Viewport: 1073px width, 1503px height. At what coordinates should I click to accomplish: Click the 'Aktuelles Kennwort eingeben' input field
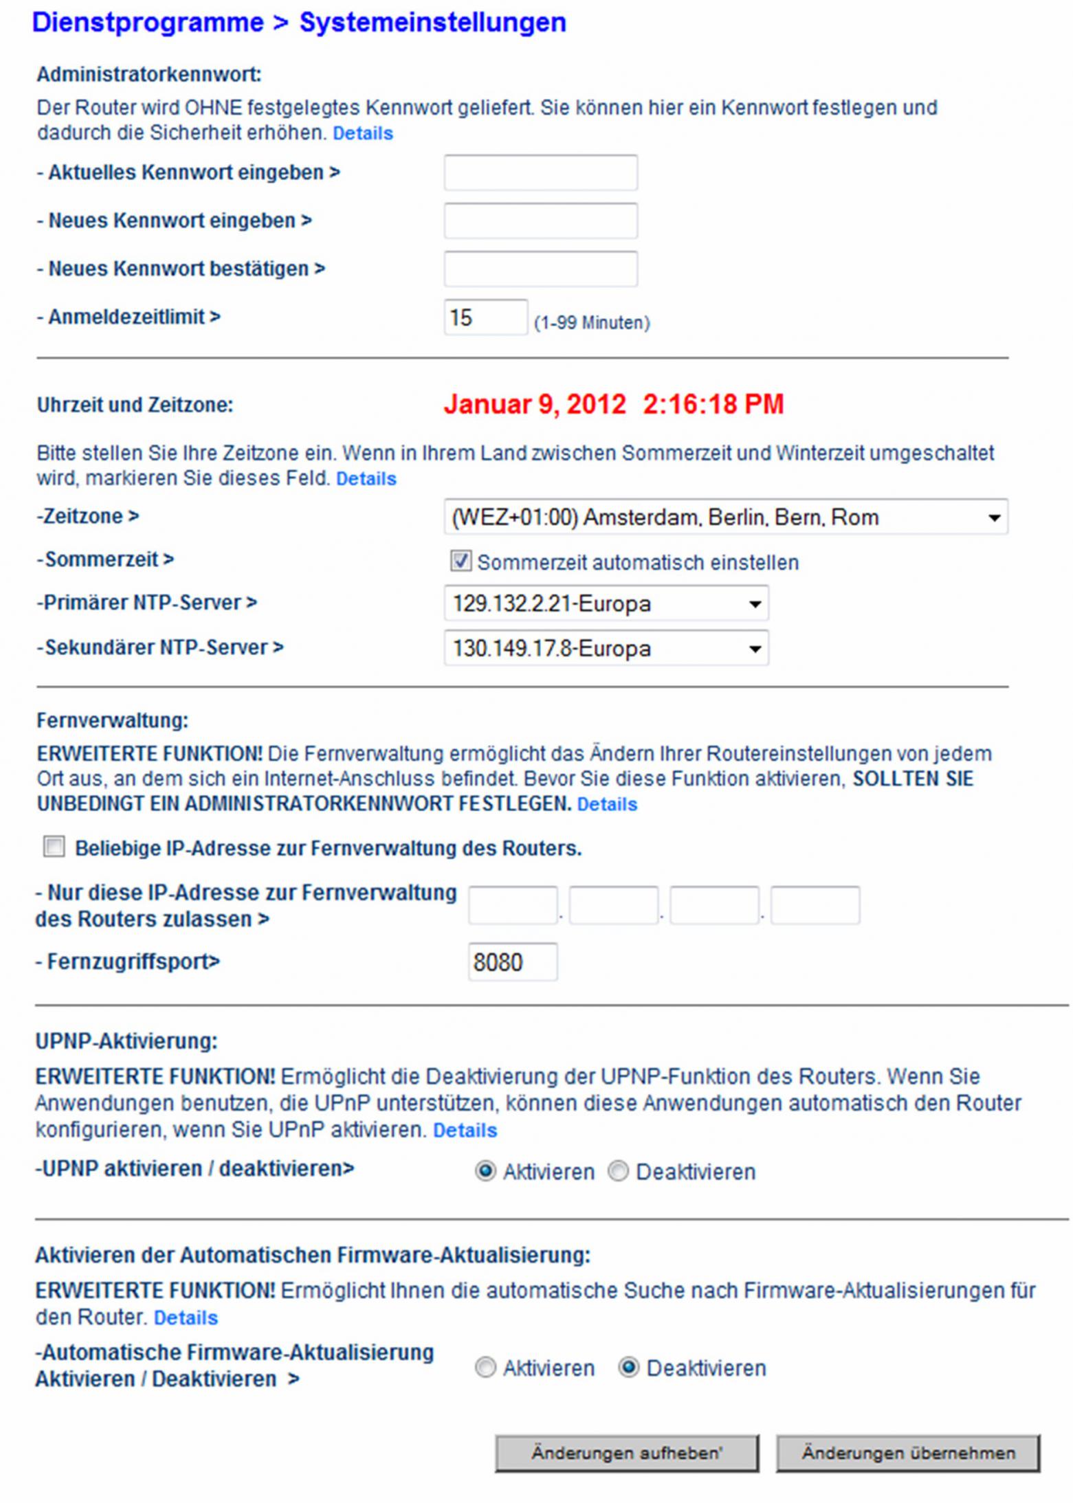540,172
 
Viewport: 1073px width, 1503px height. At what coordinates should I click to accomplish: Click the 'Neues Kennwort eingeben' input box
540,221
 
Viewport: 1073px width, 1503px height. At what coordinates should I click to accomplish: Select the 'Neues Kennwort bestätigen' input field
540,269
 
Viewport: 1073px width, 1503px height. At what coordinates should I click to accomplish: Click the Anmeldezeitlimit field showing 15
485,318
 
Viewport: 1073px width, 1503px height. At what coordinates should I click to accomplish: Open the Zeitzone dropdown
725,517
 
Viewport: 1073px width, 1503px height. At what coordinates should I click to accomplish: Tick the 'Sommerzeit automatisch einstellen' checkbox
461,561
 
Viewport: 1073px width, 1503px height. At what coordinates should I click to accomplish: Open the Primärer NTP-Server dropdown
606,603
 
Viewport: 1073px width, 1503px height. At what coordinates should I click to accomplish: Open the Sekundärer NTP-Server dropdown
606,648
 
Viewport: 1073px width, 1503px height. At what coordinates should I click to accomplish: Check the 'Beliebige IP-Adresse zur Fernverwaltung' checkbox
54,847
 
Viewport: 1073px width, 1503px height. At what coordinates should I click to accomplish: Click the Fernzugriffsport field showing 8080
512,961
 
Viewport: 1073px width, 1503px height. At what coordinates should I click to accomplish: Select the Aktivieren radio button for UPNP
485,1171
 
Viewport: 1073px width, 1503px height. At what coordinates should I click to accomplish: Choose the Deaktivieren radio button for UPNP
618,1171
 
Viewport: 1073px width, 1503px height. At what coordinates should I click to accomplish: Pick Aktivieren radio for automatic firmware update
485,1368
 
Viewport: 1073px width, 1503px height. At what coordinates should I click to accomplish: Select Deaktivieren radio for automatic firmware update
628,1368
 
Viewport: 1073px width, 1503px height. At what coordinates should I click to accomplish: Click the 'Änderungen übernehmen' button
907,1453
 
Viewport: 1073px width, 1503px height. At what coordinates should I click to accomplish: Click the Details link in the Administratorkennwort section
362,133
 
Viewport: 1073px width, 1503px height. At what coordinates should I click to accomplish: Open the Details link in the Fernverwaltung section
607,804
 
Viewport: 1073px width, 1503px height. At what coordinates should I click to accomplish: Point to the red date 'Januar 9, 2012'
534,404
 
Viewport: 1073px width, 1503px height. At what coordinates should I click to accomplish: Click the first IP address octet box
512,905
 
